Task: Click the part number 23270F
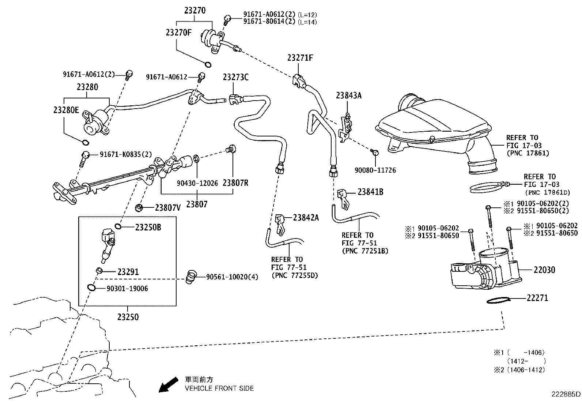click(x=178, y=32)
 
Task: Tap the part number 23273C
click(x=236, y=77)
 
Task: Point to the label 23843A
click(x=349, y=95)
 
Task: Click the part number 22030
click(x=544, y=270)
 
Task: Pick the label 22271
click(x=537, y=298)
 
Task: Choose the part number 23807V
click(x=168, y=208)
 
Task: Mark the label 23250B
click(x=148, y=227)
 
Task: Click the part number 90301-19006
click(x=127, y=289)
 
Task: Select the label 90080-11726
click(x=375, y=170)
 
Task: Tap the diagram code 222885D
click(x=566, y=394)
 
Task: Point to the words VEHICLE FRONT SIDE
click(x=219, y=388)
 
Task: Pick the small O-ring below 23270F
click(x=207, y=65)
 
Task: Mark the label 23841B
click(x=370, y=192)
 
